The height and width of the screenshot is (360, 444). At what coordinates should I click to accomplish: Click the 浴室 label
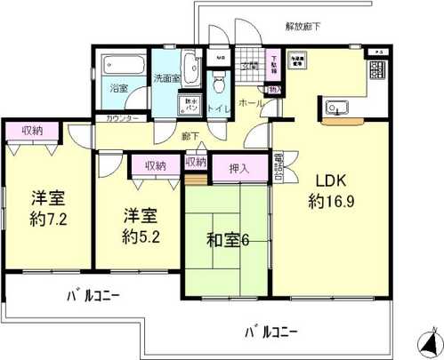click(x=119, y=89)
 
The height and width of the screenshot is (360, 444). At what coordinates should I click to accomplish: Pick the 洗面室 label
click(x=165, y=77)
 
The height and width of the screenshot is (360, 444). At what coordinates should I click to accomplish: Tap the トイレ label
click(x=219, y=108)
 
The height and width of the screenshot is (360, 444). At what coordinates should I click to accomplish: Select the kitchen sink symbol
click(x=335, y=110)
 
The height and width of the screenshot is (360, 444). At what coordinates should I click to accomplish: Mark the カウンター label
click(x=121, y=118)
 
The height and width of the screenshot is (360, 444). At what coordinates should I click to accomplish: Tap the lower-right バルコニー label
click(x=271, y=332)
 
